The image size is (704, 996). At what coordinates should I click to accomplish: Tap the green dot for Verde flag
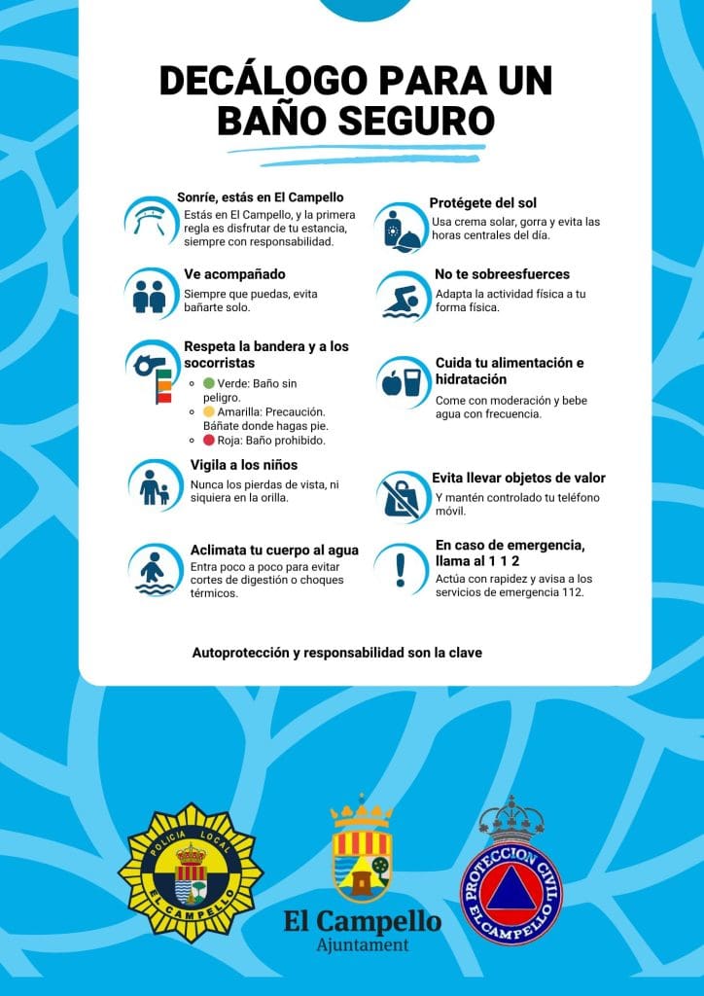(209, 383)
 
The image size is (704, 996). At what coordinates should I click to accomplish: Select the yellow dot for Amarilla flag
(209, 411)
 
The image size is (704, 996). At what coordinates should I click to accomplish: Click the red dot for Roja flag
(209, 440)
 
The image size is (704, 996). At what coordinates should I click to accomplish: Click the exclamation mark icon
(400, 567)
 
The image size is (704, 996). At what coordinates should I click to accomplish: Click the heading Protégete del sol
(483, 203)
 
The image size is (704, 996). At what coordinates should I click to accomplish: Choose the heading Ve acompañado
(234, 274)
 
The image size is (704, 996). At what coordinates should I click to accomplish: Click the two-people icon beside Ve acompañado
(151, 295)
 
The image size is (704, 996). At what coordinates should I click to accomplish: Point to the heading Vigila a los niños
(244, 464)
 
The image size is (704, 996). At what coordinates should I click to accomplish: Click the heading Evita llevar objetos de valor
(518, 478)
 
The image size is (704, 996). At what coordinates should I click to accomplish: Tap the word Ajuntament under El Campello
(363, 945)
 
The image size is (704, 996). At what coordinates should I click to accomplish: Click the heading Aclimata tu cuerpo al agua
(274, 550)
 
